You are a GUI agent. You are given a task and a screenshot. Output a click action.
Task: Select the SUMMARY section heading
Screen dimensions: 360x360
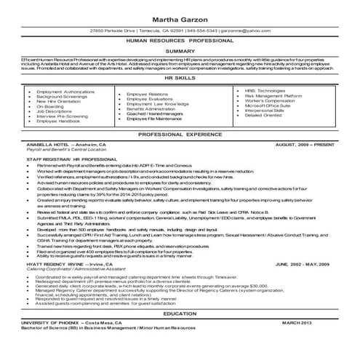(180, 51)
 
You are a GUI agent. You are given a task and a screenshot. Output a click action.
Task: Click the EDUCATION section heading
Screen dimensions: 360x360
(180, 332)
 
